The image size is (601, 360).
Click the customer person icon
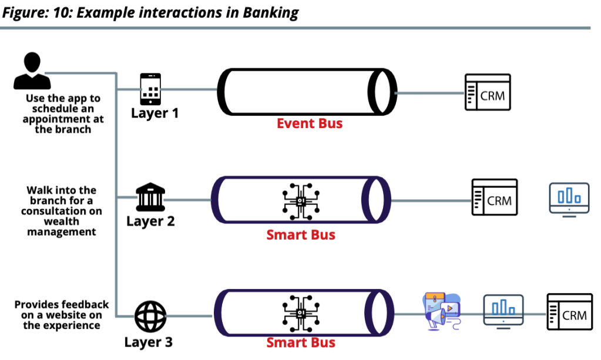[28, 71]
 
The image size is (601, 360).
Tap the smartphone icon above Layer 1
[150, 89]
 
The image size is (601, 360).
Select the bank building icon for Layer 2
[150, 198]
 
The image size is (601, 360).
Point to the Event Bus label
[309, 123]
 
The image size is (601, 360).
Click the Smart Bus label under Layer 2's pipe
[301, 235]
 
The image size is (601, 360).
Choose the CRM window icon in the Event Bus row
[488, 92]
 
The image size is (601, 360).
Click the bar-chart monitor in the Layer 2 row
[569, 198]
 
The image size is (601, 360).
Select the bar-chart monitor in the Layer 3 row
[503, 310]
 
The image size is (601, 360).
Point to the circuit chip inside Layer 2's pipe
[301, 200]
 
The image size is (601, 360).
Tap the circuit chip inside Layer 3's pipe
[301, 311]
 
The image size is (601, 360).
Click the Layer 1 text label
[155, 113]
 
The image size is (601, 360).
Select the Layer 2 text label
[150, 222]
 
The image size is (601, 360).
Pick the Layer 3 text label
[149, 342]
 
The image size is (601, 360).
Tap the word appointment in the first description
[63, 119]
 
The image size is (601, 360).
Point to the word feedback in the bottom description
[86, 305]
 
